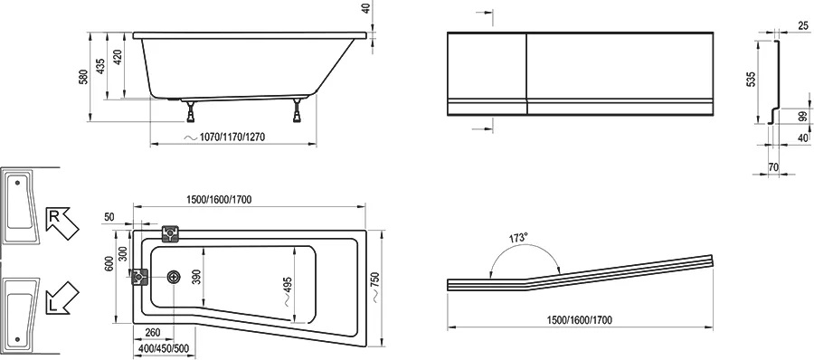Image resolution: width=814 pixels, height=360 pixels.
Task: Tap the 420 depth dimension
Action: pos(118,56)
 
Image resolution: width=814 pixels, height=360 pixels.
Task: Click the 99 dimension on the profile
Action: pos(804,118)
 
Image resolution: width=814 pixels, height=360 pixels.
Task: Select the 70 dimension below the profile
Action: pos(773,167)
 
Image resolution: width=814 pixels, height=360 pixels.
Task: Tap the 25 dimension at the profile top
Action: pos(802,25)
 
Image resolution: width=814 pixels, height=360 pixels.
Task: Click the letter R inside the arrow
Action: pos(53,216)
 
